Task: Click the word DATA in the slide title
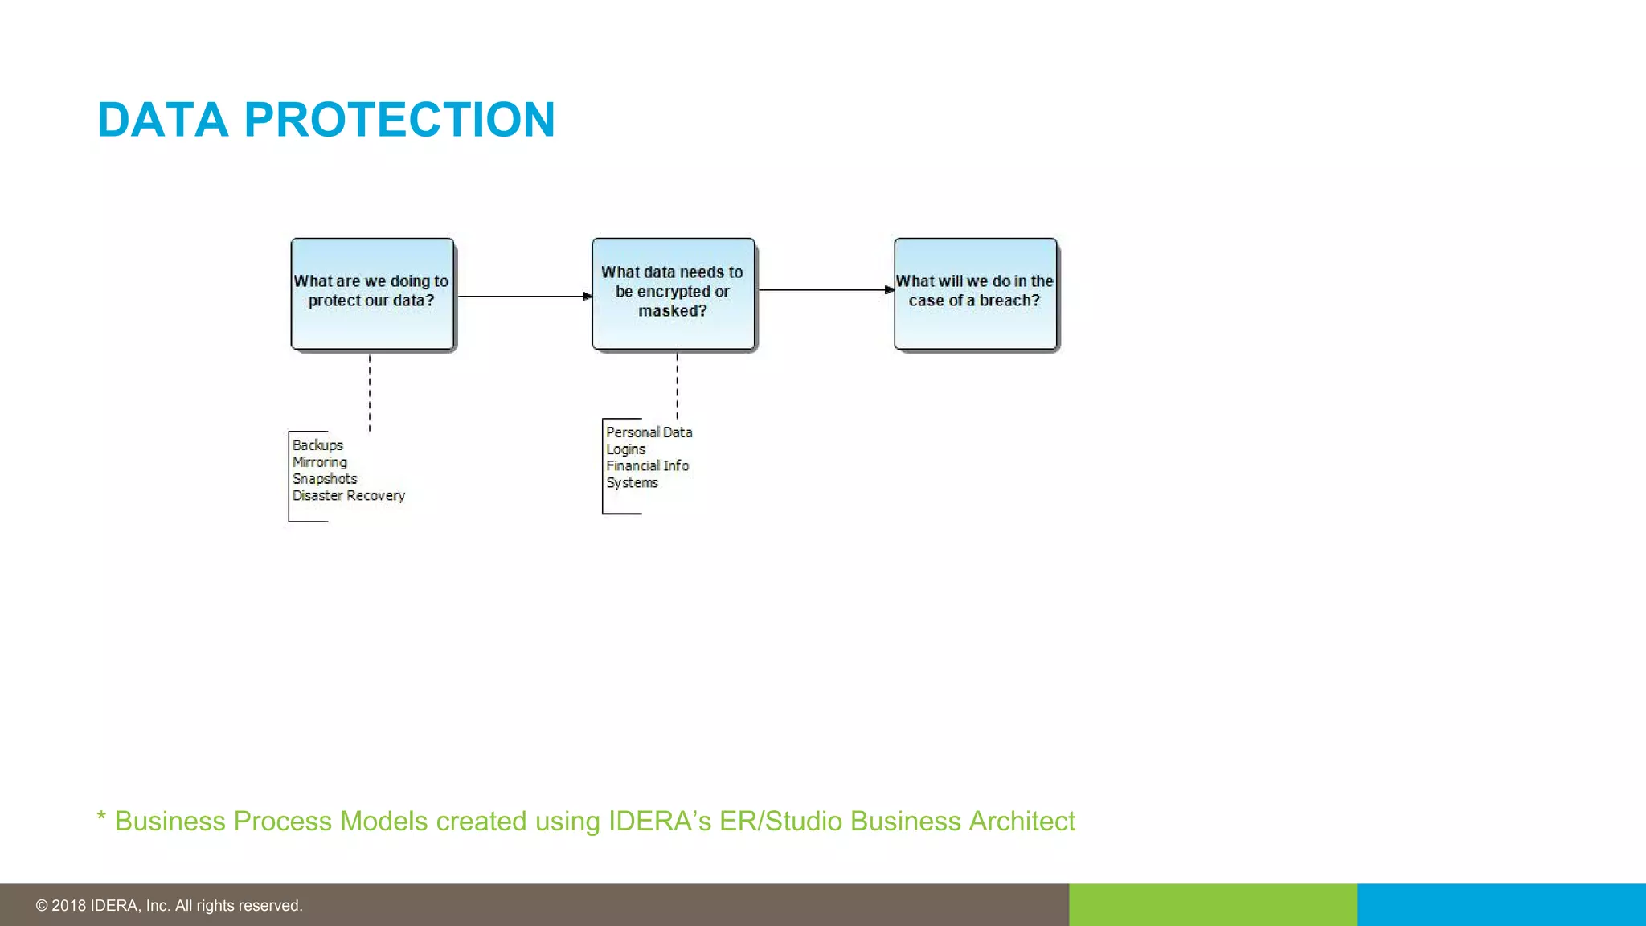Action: tap(162, 121)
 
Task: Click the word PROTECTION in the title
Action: tap(399, 121)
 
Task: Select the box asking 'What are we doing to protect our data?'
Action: tap(372, 294)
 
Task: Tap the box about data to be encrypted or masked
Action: tap(673, 294)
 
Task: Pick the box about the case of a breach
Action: tap(975, 294)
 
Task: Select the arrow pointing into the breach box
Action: tap(826, 290)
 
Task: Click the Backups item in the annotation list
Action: tap(317, 445)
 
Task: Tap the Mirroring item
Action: tap(320, 462)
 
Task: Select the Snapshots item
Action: tap(325, 479)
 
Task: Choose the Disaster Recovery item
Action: tap(349, 496)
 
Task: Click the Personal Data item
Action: tap(649, 432)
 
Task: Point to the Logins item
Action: tap(625, 449)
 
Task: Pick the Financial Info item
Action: tap(647, 466)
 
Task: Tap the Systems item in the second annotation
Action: tap(632, 483)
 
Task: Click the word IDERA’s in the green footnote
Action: tap(659, 822)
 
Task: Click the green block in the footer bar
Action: tap(1213, 905)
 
